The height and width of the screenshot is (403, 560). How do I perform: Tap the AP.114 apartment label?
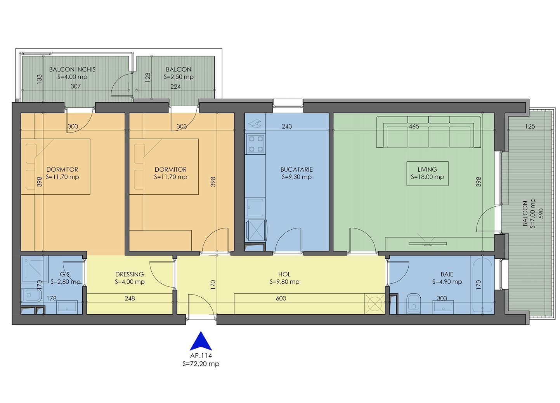201,356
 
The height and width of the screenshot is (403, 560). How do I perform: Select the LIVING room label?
427,169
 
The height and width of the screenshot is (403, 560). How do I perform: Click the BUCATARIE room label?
296,169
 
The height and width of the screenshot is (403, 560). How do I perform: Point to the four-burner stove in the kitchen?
256,144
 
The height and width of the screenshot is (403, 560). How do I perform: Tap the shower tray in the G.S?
35,269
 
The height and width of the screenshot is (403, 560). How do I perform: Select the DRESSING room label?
130,274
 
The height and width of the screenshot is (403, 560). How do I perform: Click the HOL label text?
284,274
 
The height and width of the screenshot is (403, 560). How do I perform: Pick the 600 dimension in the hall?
281,298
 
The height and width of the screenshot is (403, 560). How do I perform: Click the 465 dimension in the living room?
414,126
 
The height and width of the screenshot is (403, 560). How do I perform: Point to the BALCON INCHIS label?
72,69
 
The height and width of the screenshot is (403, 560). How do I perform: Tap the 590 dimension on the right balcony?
541,213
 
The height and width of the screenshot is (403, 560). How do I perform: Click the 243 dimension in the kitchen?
287,126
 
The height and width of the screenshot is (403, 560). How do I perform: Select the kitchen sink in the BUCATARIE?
255,208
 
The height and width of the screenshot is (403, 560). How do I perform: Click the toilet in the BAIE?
414,303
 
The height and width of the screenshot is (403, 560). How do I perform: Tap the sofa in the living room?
429,132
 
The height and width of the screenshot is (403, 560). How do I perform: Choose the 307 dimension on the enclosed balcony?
76,86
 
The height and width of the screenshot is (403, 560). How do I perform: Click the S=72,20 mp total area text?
201,364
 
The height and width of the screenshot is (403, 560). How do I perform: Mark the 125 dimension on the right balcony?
530,126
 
